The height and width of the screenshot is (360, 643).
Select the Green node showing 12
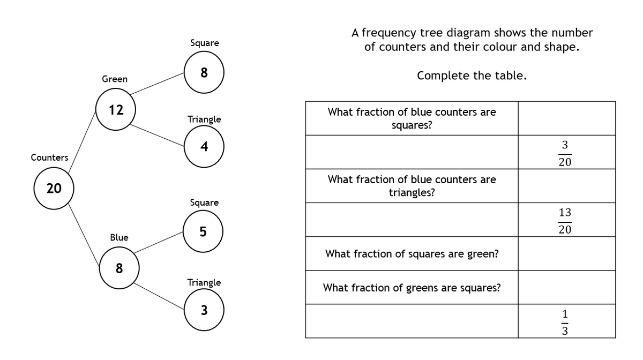click(115, 111)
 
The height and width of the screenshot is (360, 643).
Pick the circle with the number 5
click(203, 232)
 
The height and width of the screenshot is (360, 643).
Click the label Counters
click(49, 157)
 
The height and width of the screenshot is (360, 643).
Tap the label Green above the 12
click(115, 79)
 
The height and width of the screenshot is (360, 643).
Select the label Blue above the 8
click(119, 237)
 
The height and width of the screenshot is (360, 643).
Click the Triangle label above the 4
click(204, 119)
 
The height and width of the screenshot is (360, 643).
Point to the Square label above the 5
click(204, 202)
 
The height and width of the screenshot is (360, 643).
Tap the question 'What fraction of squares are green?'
click(412, 254)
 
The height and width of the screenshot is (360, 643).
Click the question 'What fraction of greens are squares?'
click(412, 288)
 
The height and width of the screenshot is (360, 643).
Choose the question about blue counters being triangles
click(412, 185)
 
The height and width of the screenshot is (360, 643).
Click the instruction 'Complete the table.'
click(472, 76)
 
